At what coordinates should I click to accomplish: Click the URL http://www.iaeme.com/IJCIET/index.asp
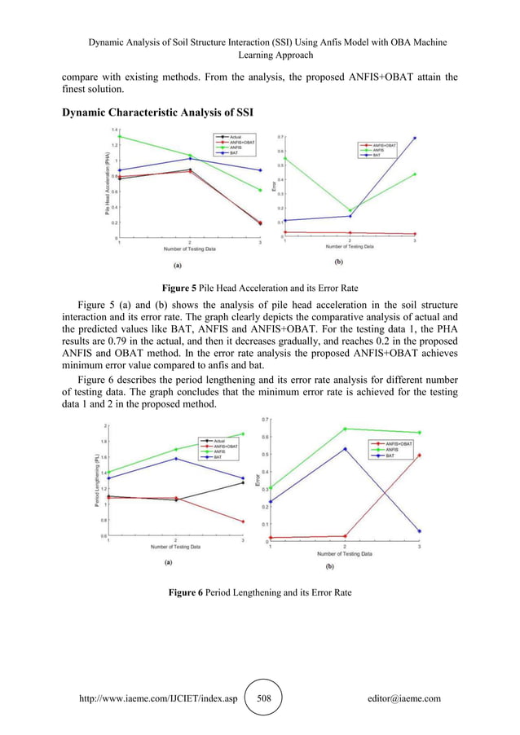point(153,698)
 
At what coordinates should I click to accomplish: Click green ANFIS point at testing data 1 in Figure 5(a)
point(121,136)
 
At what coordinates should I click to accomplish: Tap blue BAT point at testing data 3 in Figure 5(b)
point(414,138)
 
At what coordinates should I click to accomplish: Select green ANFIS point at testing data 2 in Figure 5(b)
point(350,210)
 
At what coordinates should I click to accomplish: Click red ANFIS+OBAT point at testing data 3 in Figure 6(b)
point(419,456)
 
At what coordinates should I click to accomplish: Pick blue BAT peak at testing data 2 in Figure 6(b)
point(345,449)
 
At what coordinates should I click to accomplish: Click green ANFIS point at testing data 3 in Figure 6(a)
point(243,434)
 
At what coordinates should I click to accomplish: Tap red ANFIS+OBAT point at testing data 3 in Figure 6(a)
point(243,522)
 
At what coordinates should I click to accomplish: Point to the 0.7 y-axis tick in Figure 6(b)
point(265,420)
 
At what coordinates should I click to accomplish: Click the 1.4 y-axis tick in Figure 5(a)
point(114,130)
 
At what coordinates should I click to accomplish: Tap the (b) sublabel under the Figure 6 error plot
point(330,566)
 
